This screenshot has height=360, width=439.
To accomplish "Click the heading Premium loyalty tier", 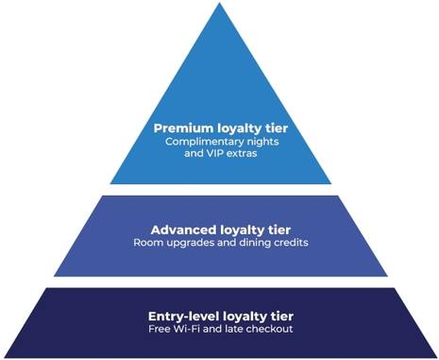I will click(x=220, y=127).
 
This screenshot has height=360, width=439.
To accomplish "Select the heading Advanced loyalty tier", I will click(x=220, y=229).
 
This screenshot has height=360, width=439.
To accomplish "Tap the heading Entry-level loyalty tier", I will click(x=220, y=314).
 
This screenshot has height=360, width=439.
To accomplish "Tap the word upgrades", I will click(x=191, y=243).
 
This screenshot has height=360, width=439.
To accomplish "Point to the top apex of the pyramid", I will click(x=220, y=6).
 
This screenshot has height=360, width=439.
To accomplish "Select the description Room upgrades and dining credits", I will click(x=220, y=243).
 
